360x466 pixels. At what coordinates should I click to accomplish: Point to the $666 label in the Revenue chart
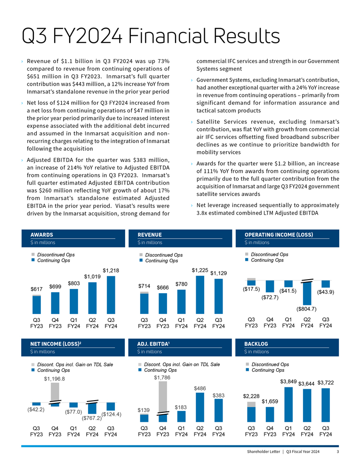tap(163, 287)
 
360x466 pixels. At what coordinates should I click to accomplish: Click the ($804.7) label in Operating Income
tap(306, 309)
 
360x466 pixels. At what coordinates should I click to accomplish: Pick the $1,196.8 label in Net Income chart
tap(55, 378)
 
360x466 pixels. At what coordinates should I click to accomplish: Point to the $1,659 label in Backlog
tap(270, 402)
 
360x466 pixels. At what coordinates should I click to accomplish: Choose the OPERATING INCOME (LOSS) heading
tap(279, 235)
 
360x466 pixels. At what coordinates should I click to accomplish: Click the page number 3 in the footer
tap(338, 452)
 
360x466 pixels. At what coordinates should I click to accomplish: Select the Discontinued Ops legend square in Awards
tap(33, 255)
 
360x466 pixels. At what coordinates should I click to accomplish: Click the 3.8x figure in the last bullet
tap(202, 213)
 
